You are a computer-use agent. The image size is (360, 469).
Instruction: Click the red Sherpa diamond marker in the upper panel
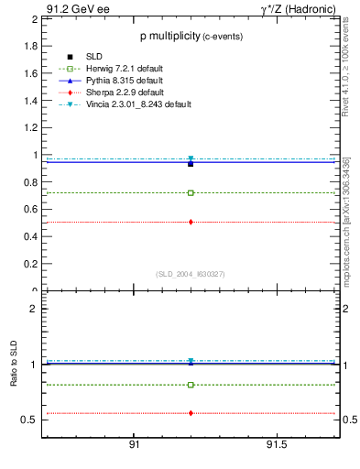click(x=191, y=222)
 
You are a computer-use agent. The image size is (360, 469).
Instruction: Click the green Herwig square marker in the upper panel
click(x=191, y=193)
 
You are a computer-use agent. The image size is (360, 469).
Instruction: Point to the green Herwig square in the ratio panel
click(x=191, y=385)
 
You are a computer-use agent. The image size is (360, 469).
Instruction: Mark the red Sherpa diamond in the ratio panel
click(x=191, y=413)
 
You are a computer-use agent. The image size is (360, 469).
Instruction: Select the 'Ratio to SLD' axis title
click(x=14, y=377)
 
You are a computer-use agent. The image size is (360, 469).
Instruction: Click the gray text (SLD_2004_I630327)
click(x=191, y=274)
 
